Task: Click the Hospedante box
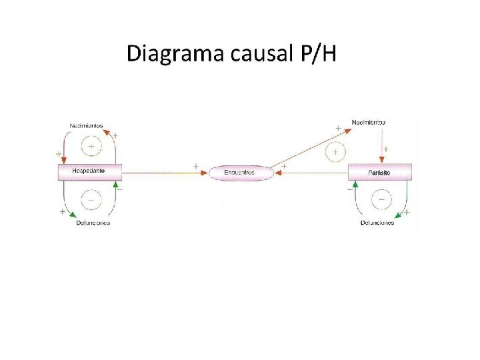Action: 89,171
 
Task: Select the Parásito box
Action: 380,172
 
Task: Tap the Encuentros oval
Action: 241,173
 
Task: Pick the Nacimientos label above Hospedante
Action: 87,125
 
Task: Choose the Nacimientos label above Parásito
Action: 369,123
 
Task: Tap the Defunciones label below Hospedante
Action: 93,222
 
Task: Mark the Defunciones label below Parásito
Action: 377,222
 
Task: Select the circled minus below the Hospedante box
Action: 91,198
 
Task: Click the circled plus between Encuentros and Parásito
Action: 335,152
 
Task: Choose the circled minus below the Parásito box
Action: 381,199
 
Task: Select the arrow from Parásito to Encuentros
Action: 312,173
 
